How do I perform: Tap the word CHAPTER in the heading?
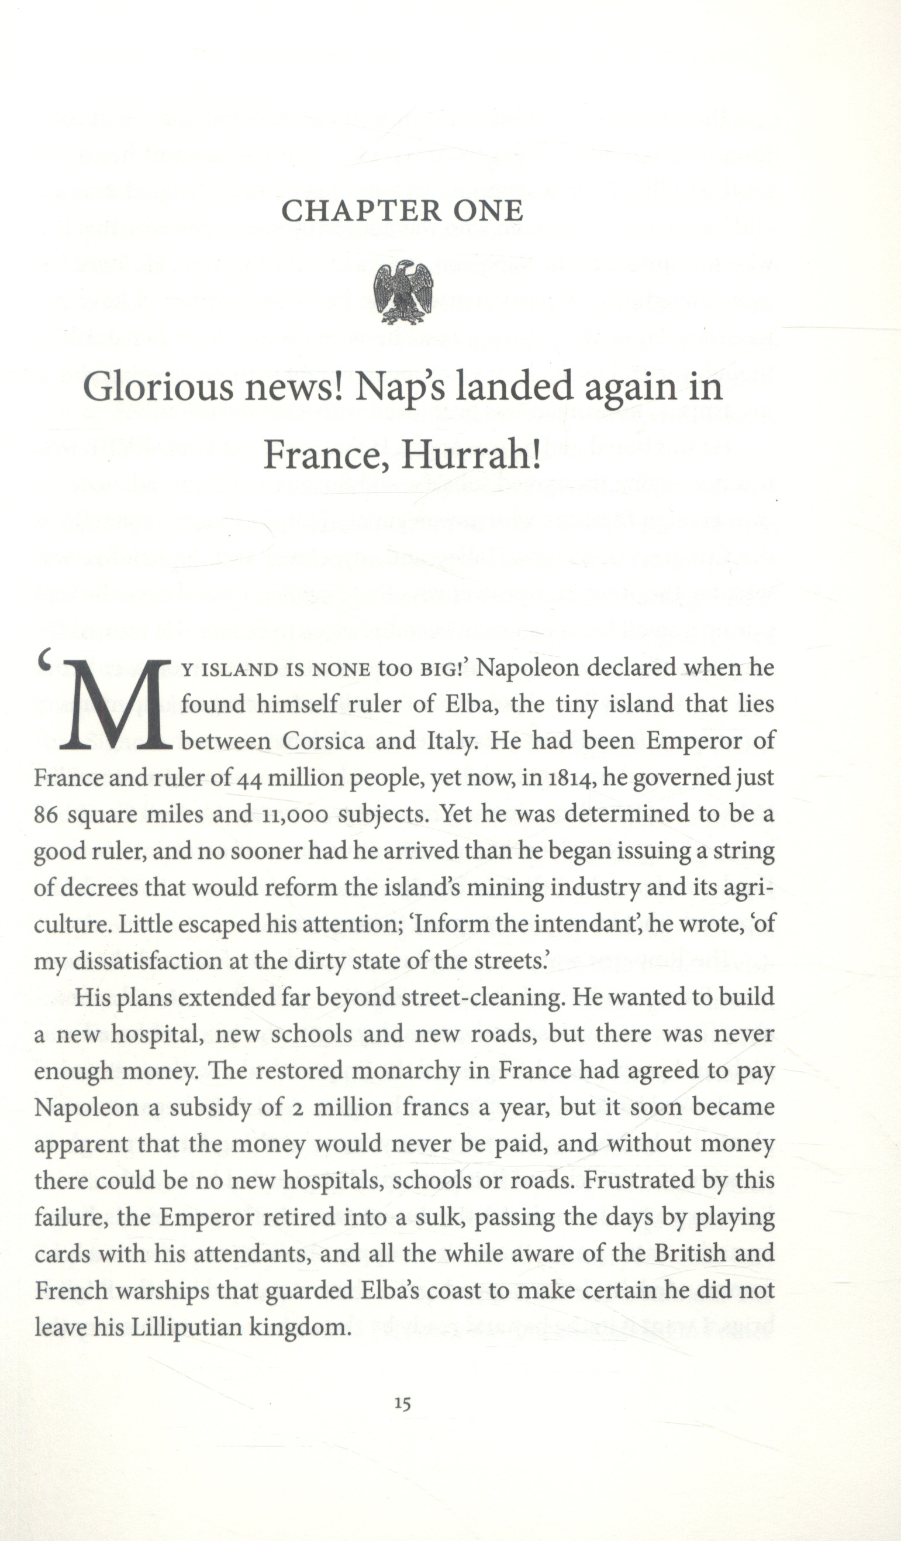point(361,211)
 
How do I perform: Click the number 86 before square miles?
point(46,815)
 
